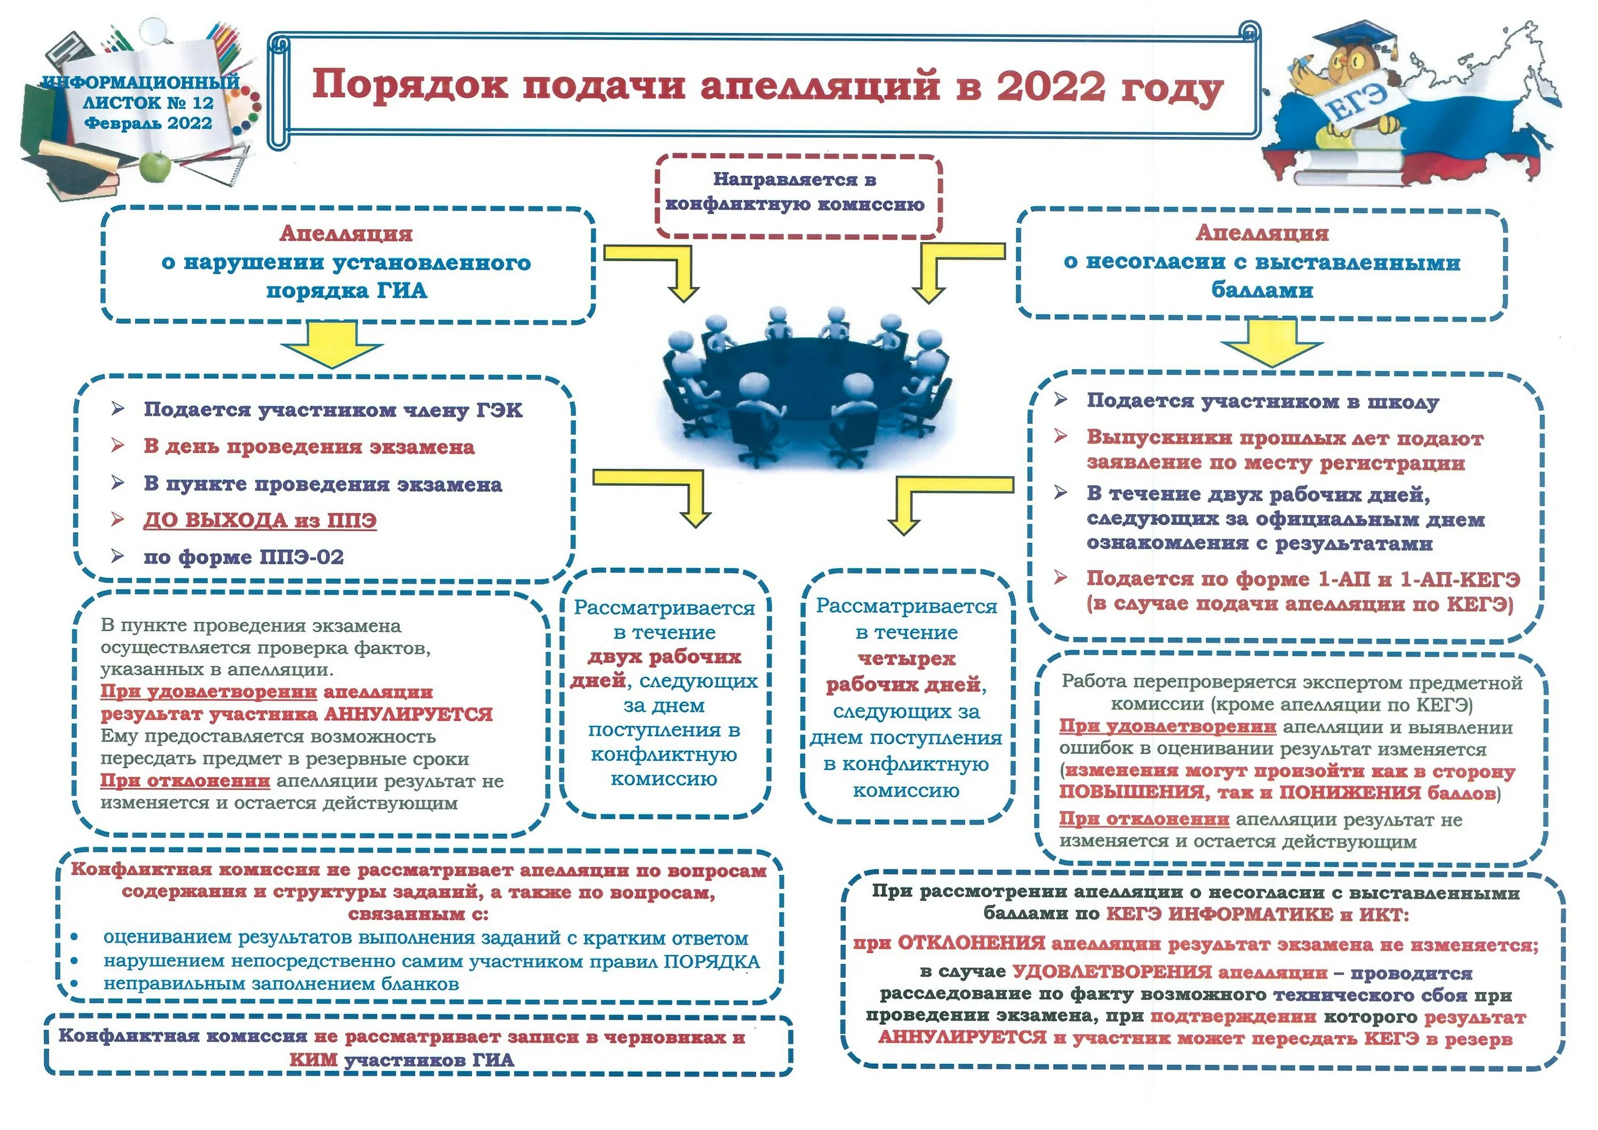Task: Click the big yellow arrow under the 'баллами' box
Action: click(x=1271, y=343)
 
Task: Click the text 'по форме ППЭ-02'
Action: click(x=243, y=557)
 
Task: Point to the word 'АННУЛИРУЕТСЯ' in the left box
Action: click(x=409, y=714)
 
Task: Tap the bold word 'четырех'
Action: click(x=906, y=659)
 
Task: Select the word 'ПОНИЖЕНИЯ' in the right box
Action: click(x=1350, y=792)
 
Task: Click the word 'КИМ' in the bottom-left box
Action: click(x=313, y=1060)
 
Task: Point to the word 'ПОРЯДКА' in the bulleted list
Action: click(x=711, y=962)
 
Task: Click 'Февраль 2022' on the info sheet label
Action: click(x=148, y=123)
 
